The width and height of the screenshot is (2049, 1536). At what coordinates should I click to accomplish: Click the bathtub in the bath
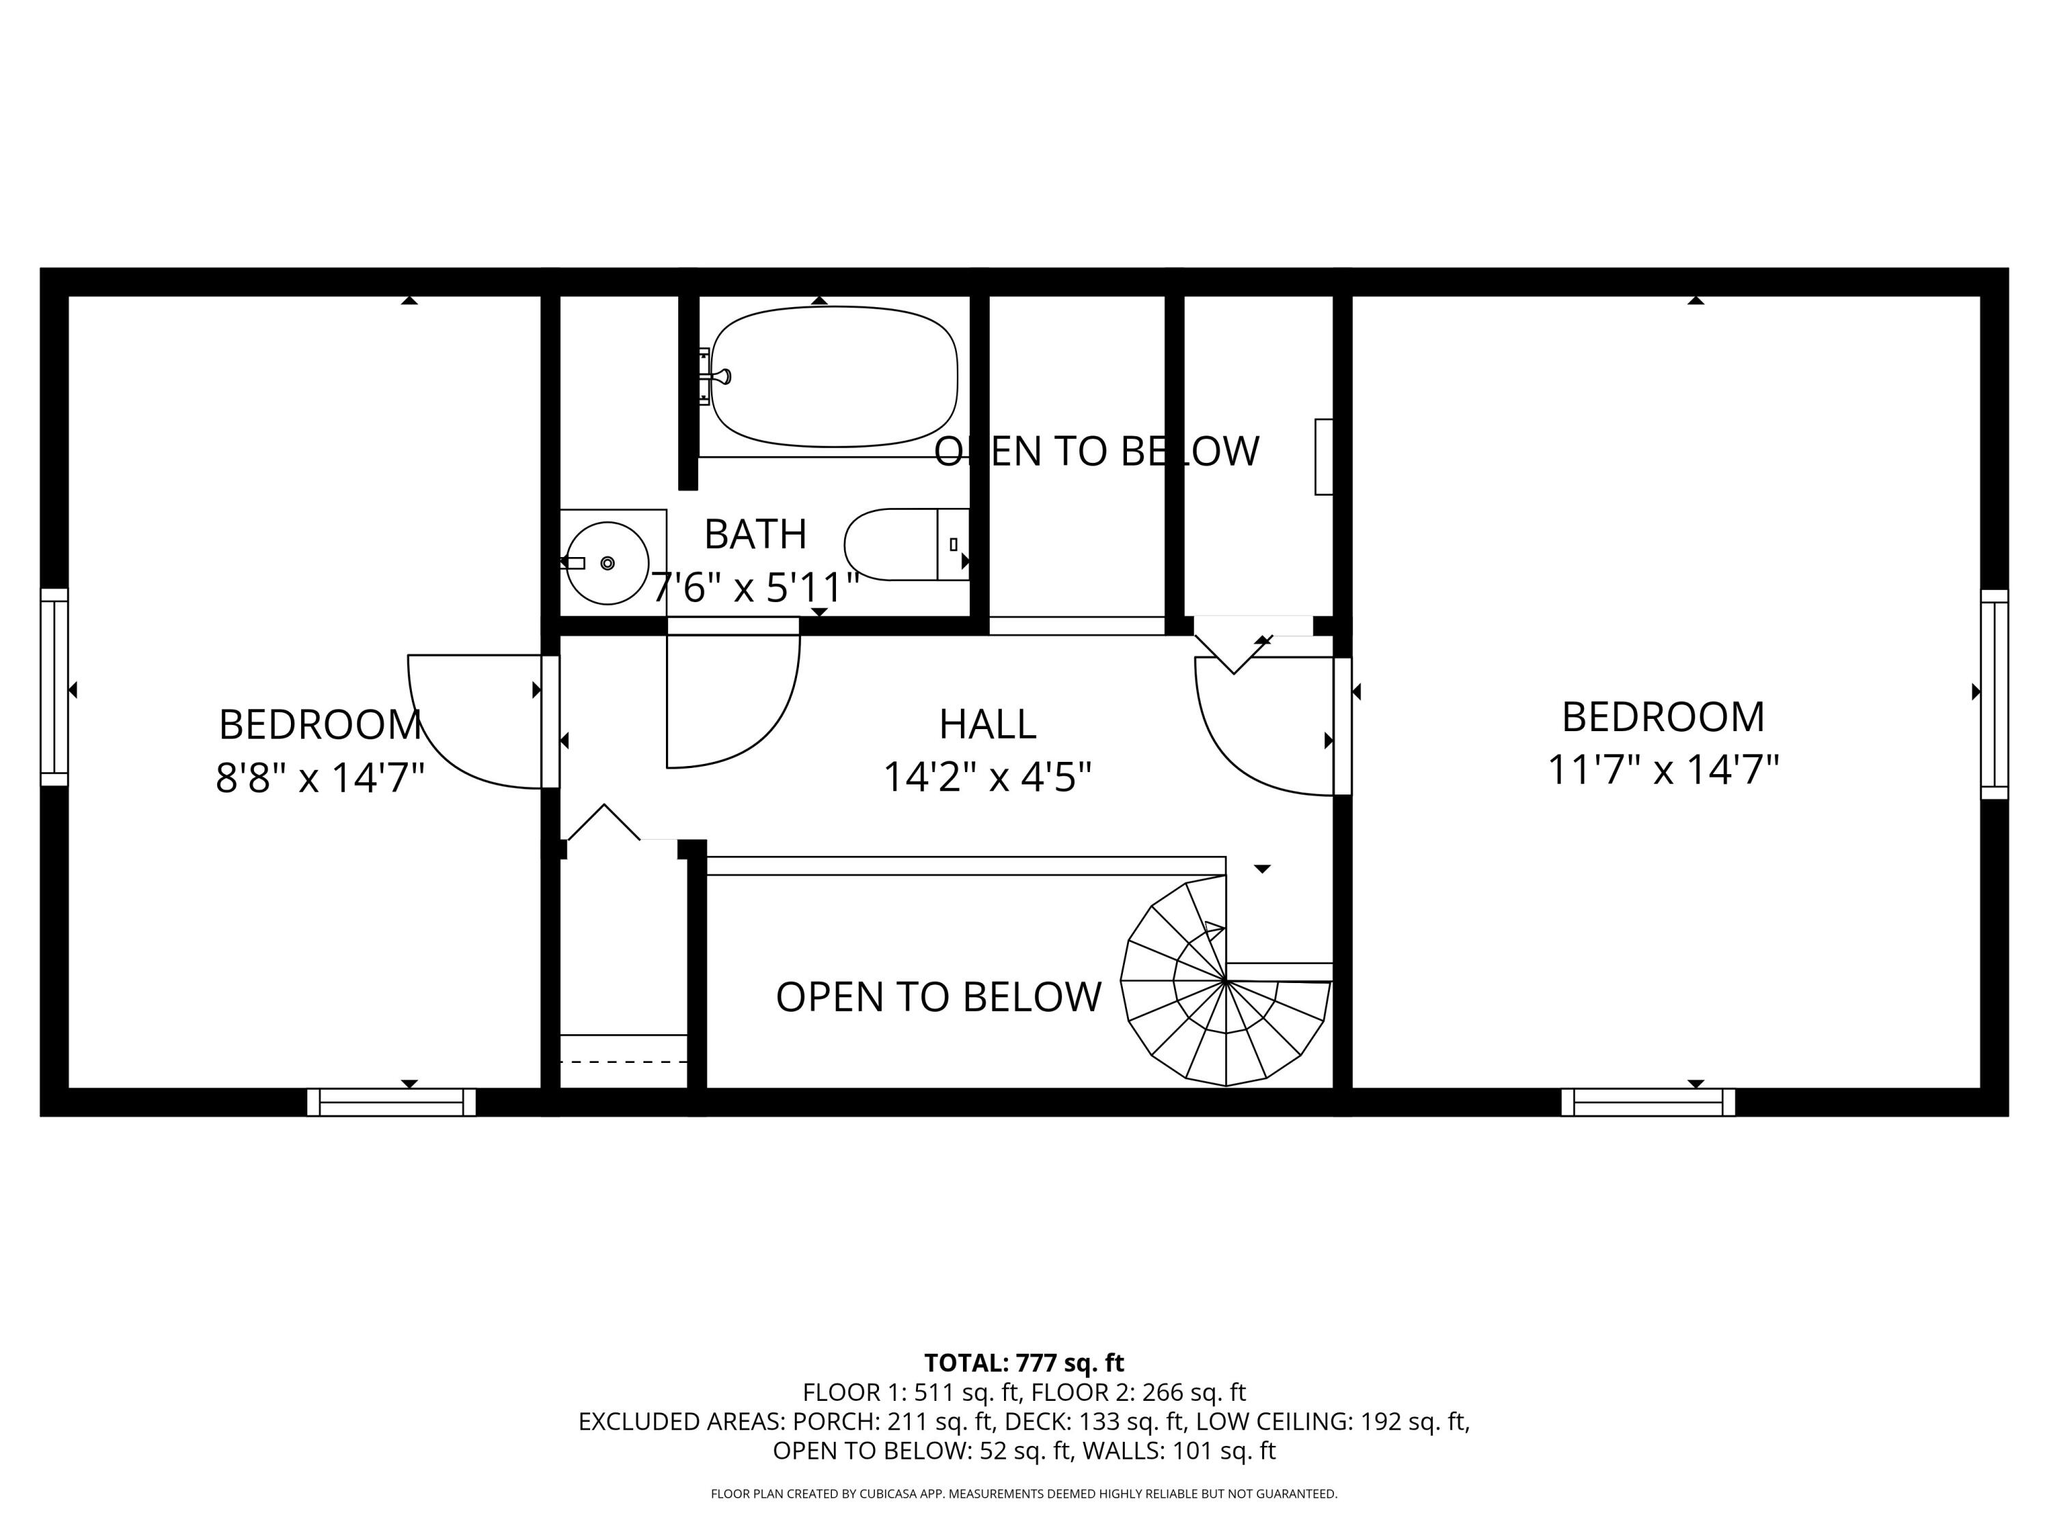(x=834, y=377)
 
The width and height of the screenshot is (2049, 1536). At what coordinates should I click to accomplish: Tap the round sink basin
(x=608, y=563)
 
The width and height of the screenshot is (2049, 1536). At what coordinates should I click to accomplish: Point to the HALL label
(x=988, y=724)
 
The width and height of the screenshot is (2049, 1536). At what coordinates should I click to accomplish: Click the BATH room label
(x=755, y=535)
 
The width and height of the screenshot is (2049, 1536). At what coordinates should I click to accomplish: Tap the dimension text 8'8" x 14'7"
(x=320, y=778)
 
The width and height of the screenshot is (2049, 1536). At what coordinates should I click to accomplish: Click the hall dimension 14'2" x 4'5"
(x=988, y=777)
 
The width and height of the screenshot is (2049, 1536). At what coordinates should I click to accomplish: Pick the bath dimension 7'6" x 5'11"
(x=755, y=587)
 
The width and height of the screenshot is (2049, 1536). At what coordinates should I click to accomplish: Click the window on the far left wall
(x=54, y=687)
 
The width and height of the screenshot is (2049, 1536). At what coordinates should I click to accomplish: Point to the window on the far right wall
(x=1994, y=694)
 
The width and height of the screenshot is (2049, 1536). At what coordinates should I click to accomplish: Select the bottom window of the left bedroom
(x=391, y=1102)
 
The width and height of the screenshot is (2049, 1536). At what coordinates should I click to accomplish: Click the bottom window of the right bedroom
(x=1648, y=1102)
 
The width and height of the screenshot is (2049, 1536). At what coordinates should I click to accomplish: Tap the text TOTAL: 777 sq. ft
(x=1024, y=1363)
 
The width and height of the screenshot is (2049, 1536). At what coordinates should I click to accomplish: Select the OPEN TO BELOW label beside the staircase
(x=938, y=997)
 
